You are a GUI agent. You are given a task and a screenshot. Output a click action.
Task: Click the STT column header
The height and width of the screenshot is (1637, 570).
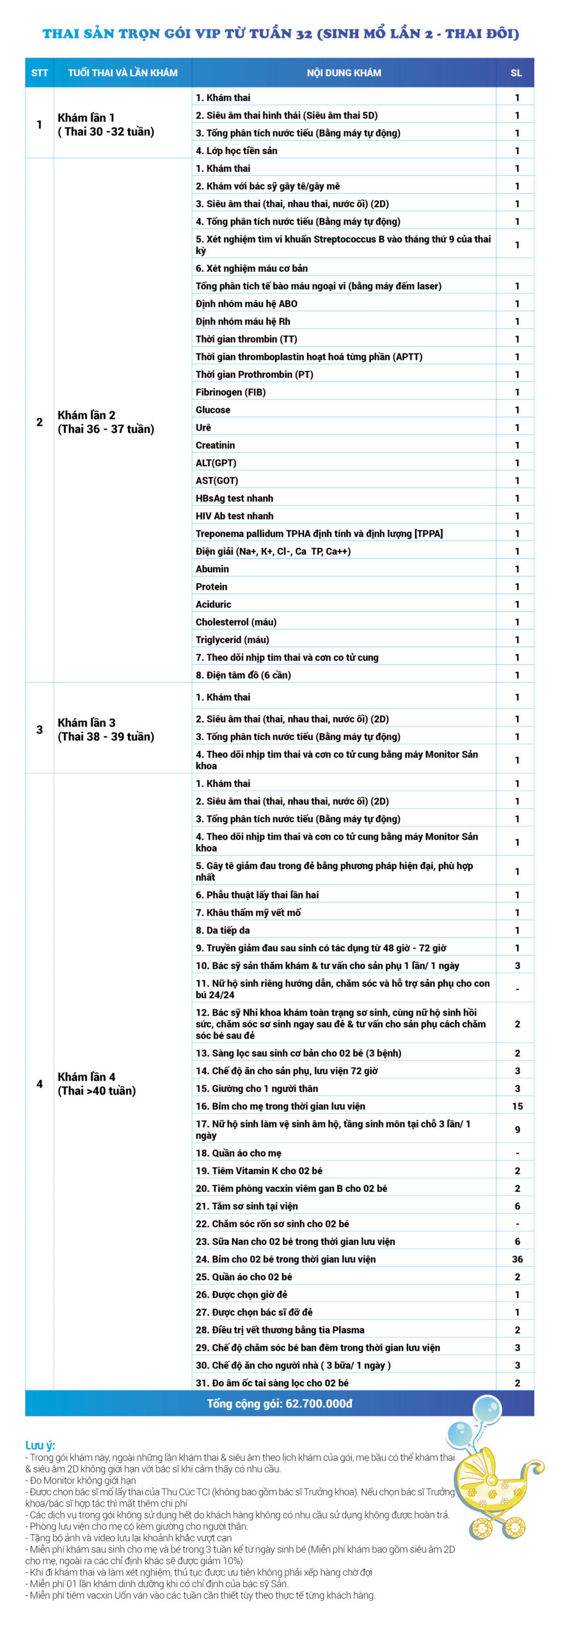pyautogui.click(x=39, y=73)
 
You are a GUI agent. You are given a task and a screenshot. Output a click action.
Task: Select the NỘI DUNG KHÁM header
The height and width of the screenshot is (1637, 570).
pyautogui.click(x=344, y=73)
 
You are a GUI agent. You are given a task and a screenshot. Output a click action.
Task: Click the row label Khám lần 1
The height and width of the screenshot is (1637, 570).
pyautogui.click(x=86, y=118)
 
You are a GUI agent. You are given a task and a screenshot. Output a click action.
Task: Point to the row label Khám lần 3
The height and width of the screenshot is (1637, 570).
pyautogui.click(x=87, y=723)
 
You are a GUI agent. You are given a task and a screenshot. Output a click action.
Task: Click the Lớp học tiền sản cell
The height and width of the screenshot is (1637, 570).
pyautogui.click(x=237, y=151)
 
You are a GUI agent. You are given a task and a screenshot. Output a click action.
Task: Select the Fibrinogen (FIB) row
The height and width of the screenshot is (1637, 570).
pyautogui.click(x=231, y=392)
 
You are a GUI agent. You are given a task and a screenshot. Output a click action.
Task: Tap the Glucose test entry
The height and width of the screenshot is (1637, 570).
pyautogui.click(x=213, y=410)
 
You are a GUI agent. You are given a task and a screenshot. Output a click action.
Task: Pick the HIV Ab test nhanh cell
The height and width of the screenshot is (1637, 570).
pyautogui.click(x=235, y=516)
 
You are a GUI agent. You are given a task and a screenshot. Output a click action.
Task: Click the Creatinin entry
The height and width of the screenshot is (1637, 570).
pyautogui.click(x=216, y=445)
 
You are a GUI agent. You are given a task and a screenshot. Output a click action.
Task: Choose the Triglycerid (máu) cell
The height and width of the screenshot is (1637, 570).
pyautogui.click(x=232, y=639)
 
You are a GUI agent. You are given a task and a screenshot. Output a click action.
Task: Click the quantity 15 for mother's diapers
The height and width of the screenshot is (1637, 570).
pyautogui.click(x=517, y=1106)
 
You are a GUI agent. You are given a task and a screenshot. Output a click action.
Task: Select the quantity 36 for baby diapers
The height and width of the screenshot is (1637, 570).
pyautogui.click(x=517, y=1259)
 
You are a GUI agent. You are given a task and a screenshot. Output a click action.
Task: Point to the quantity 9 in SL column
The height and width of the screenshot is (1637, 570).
pyautogui.click(x=517, y=1130)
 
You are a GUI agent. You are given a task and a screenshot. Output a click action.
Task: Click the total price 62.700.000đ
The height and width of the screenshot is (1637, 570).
pyautogui.click(x=280, y=1404)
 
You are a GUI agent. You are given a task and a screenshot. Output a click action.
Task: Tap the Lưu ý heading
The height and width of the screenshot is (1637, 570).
pyautogui.click(x=40, y=1446)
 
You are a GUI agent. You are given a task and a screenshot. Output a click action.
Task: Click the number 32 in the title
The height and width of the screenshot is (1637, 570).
pyautogui.click(x=304, y=34)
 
